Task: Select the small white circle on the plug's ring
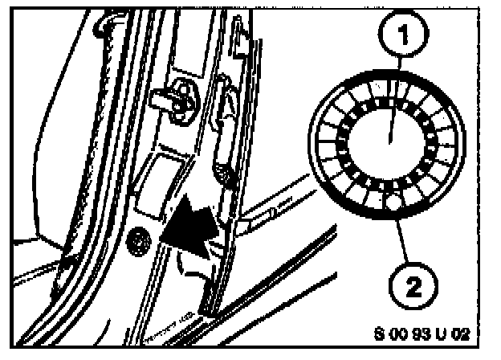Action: pos(392,206)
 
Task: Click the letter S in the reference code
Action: pos(378,331)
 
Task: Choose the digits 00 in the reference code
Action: pos(397,331)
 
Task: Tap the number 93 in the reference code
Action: pos(423,331)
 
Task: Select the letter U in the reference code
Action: pos(446,331)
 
